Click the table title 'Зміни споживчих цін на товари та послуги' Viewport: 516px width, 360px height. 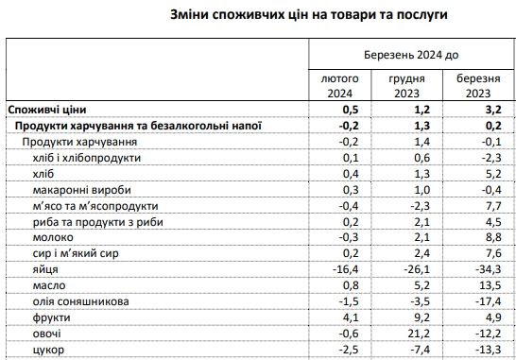tap(257, 16)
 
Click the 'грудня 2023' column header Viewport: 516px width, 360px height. tap(406, 86)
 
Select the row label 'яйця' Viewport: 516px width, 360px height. tap(43, 268)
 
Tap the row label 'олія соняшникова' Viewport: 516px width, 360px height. tap(74, 301)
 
